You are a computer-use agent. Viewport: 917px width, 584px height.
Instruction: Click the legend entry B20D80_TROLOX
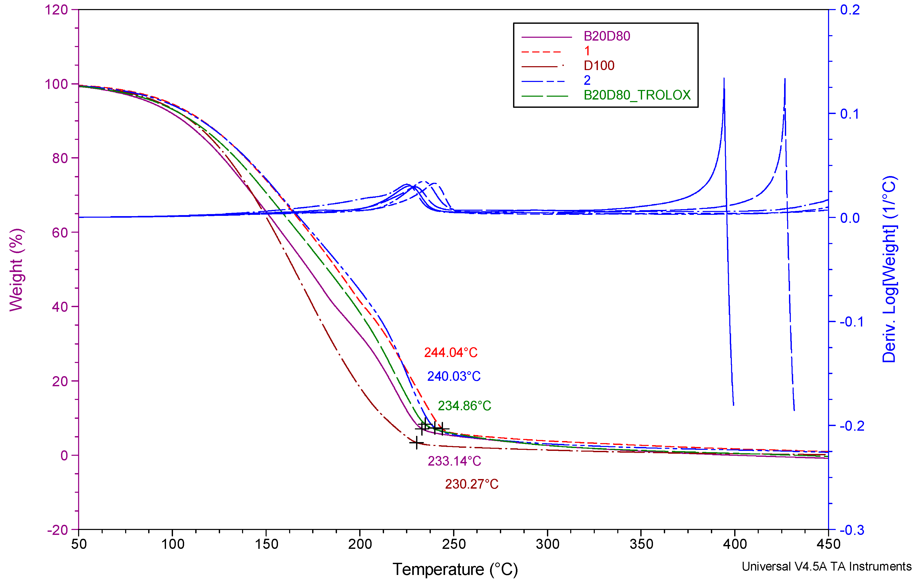tap(637, 95)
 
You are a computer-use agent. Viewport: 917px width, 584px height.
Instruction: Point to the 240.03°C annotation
tap(454, 376)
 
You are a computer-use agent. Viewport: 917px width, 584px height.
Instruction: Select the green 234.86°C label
tap(464, 406)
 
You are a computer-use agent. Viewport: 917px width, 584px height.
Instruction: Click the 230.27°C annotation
tap(471, 484)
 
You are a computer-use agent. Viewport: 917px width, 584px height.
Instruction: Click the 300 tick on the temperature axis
tap(547, 544)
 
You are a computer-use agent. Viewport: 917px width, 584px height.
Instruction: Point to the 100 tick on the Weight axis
tap(56, 84)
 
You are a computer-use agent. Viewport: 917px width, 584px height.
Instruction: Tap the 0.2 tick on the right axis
tap(850, 10)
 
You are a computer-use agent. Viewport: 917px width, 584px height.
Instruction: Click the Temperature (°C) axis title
tap(455, 570)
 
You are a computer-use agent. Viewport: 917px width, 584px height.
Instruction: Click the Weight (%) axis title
tap(16, 270)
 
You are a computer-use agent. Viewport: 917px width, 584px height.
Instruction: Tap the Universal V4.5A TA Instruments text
tap(826, 566)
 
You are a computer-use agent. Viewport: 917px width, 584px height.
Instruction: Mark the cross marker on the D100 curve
tap(417, 442)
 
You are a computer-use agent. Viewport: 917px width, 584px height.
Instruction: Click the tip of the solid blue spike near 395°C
tap(724, 78)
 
